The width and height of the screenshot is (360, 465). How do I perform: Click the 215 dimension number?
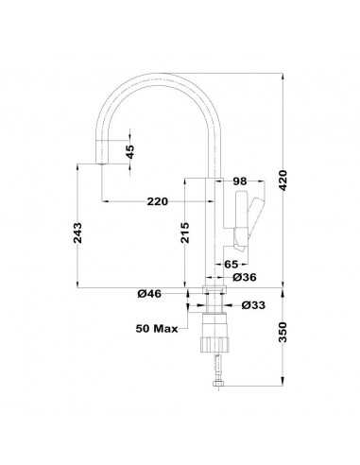[186, 231]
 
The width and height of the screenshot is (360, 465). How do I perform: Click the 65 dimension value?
[231, 266]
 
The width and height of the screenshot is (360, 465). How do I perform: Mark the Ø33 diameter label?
[251, 305]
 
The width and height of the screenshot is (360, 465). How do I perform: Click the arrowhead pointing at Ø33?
[227, 305]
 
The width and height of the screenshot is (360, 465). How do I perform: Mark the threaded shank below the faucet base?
[214, 307]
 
